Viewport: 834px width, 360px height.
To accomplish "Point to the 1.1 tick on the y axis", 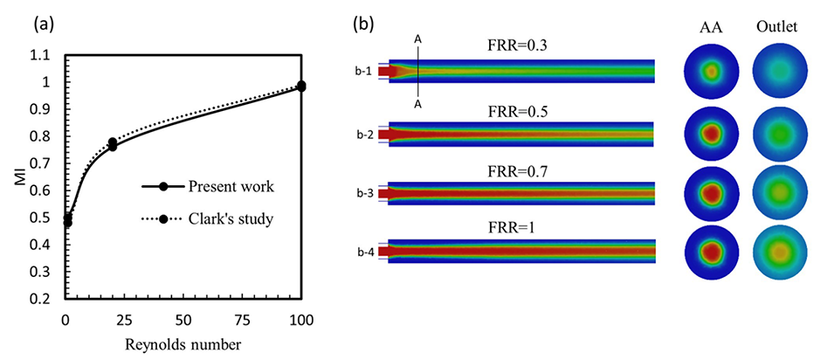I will [38, 55].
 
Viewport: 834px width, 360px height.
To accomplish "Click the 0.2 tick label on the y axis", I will [38, 299].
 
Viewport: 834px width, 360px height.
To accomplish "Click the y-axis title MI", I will [12, 177].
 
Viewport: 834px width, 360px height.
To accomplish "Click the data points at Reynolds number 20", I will [112, 144].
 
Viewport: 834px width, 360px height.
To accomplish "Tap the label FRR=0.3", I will [520, 50].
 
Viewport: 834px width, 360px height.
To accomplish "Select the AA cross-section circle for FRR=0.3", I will [711, 71].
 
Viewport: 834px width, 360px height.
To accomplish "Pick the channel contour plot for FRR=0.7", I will [520, 193].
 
